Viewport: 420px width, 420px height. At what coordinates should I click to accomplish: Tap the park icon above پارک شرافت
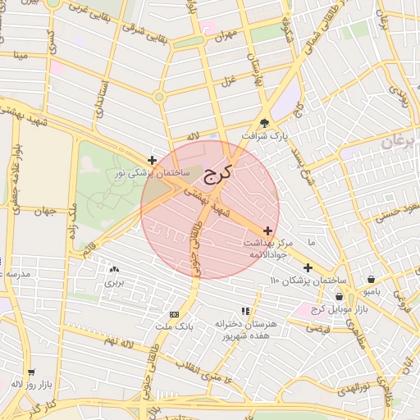[264, 120]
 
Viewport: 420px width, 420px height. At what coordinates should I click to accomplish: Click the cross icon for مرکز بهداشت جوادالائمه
[268, 231]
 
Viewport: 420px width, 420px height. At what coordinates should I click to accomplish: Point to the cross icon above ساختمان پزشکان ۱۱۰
[308, 267]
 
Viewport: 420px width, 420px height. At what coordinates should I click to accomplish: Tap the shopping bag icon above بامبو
[372, 278]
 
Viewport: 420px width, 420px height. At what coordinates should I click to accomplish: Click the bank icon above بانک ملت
[174, 314]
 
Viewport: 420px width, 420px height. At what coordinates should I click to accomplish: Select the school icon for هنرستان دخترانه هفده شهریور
[244, 311]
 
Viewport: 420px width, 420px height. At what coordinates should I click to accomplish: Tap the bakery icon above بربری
[113, 269]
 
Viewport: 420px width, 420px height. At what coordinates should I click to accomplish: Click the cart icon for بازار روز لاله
[32, 372]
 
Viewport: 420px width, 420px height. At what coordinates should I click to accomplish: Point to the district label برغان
[399, 142]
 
